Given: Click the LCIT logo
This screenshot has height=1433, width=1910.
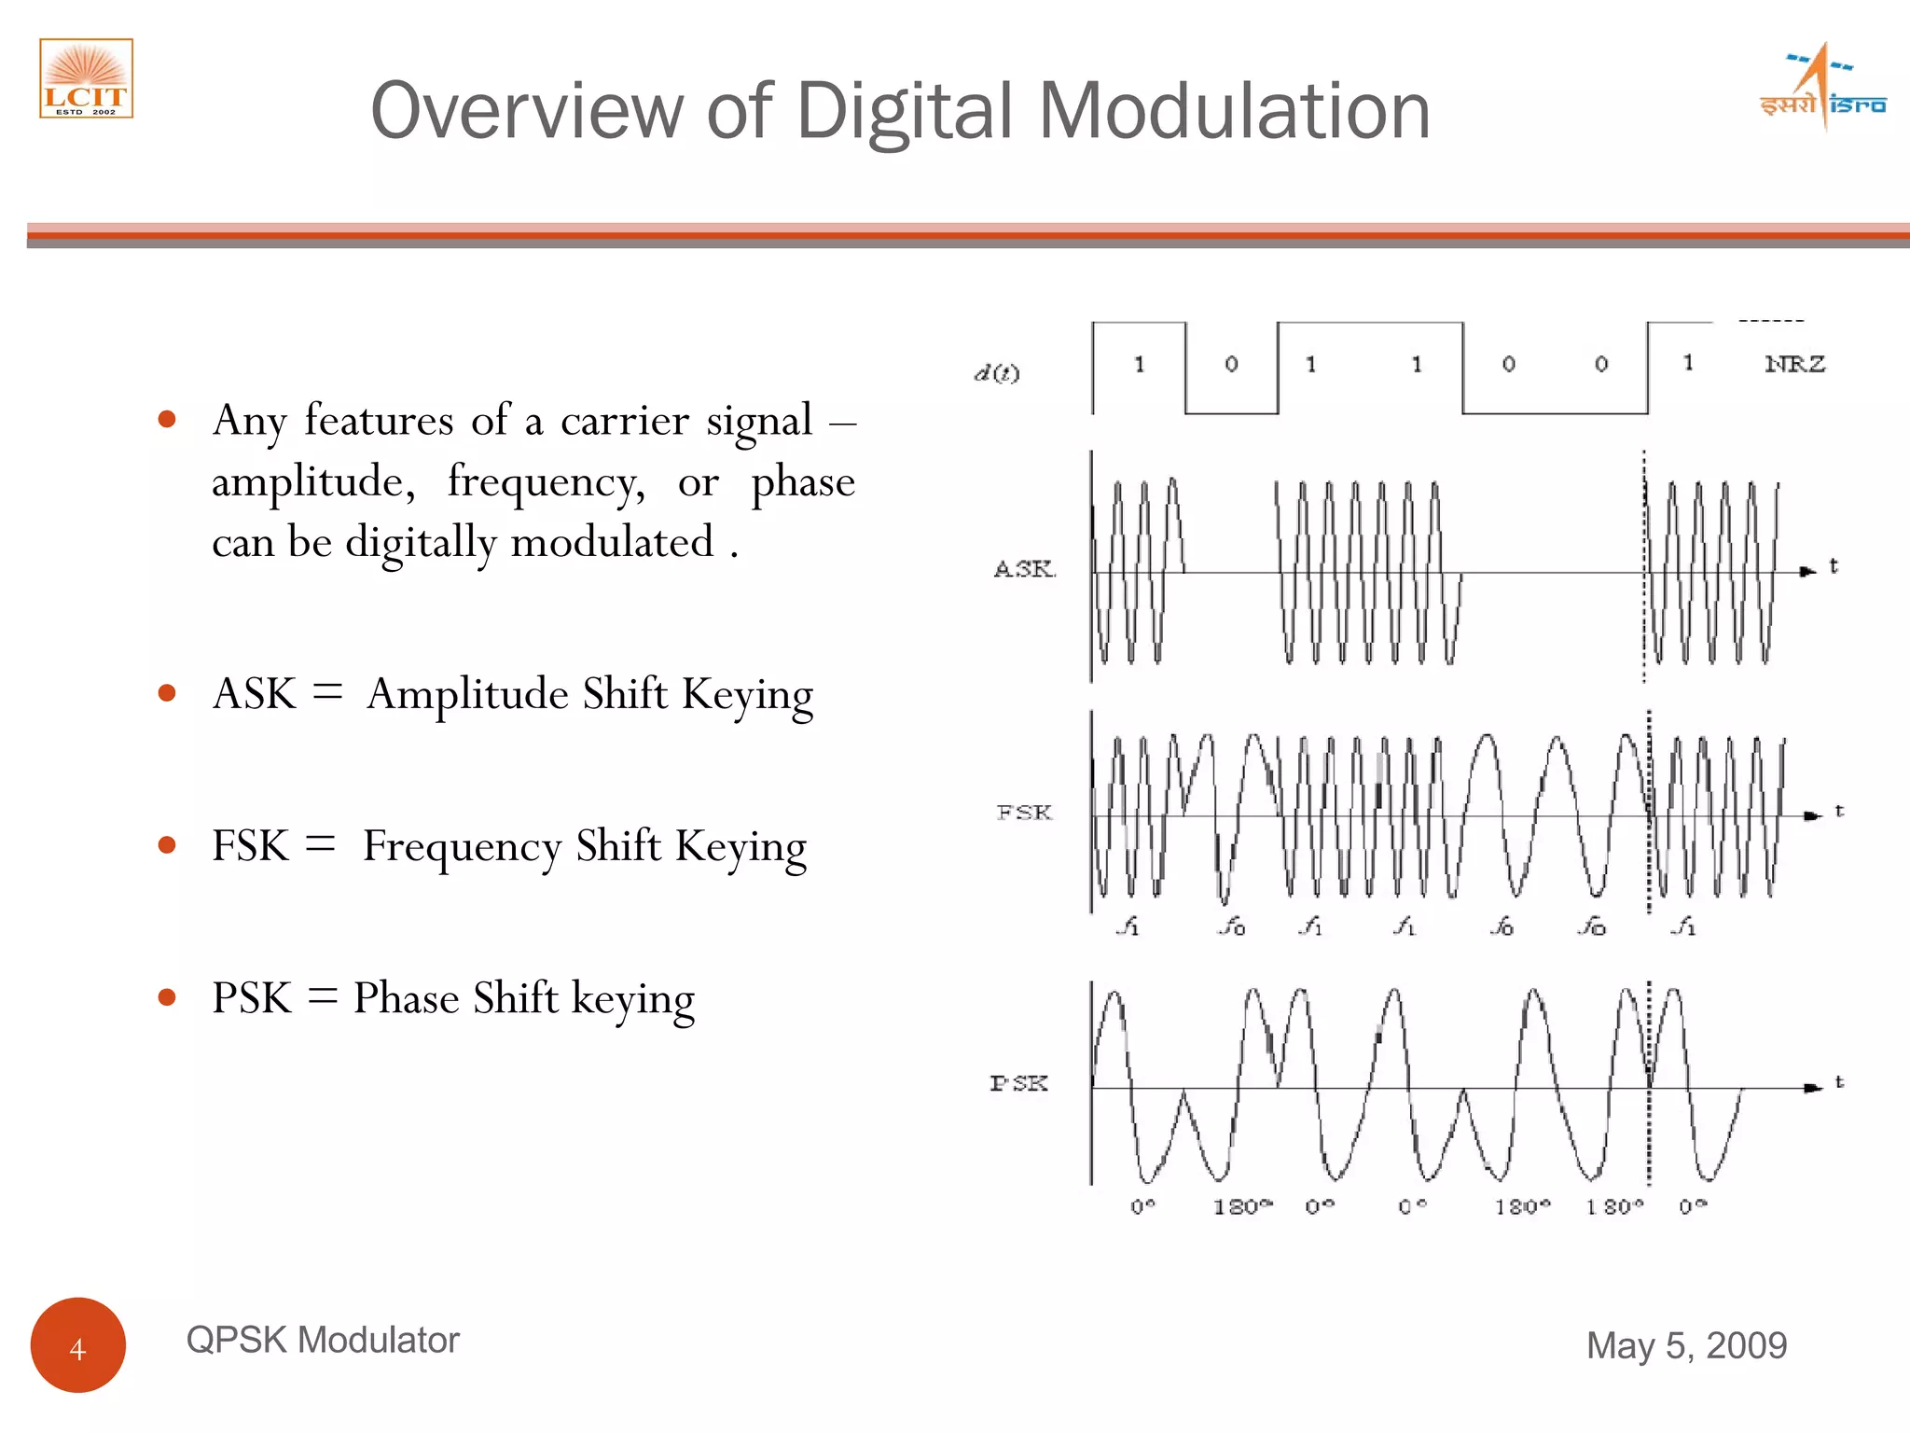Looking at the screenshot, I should click(x=86, y=78).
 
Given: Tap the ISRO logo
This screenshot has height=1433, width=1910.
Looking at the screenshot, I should click(x=1822, y=90).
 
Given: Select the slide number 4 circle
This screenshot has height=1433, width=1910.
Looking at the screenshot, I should click(x=78, y=1345).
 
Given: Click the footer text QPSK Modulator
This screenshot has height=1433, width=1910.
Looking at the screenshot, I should click(x=323, y=1340).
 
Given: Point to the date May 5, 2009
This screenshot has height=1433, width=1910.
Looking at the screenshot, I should click(x=1686, y=1345).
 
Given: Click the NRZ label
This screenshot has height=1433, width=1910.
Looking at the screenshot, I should click(x=1794, y=364).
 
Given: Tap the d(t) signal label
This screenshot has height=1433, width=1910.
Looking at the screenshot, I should click(x=997, y=373).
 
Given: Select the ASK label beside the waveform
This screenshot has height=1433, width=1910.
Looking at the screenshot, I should click(x=1024, y=568).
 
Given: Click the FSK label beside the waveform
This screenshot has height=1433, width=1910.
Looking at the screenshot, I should click(x=1024, y=813).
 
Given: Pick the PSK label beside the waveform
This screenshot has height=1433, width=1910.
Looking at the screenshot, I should click(x=1018, y=1083).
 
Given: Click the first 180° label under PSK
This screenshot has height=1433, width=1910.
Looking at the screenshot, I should click(x=1241, y=1206).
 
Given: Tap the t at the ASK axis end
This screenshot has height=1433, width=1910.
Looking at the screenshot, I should click(x=1834, y=565).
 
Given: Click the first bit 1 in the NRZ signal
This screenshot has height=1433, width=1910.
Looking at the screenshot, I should click(x=1139, y=364).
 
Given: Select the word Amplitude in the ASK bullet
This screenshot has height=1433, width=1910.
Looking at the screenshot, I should click(x=467, y=694).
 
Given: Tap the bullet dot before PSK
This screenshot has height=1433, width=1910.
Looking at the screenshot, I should click(x=168, y=997).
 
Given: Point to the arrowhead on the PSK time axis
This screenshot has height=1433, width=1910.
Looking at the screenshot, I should click(x=1812, y=1088).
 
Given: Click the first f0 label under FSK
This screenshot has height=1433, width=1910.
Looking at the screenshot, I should click(x=1232, y=926).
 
